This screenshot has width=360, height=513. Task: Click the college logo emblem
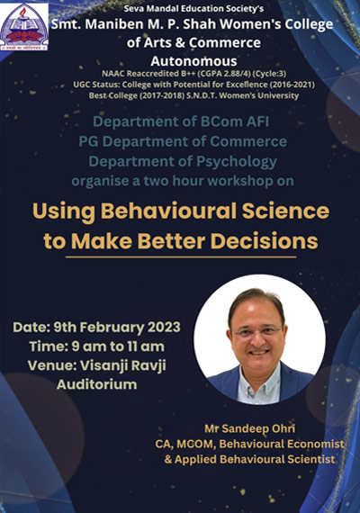tap(24, 27)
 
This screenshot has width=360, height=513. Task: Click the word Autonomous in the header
tap(193, 61)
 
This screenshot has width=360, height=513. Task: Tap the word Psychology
tap(237, 162)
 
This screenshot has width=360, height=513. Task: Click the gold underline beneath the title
tap(181, 257)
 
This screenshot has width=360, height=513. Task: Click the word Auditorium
tap(97, 384)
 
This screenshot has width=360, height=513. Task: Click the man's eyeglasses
tap(257, 333)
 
